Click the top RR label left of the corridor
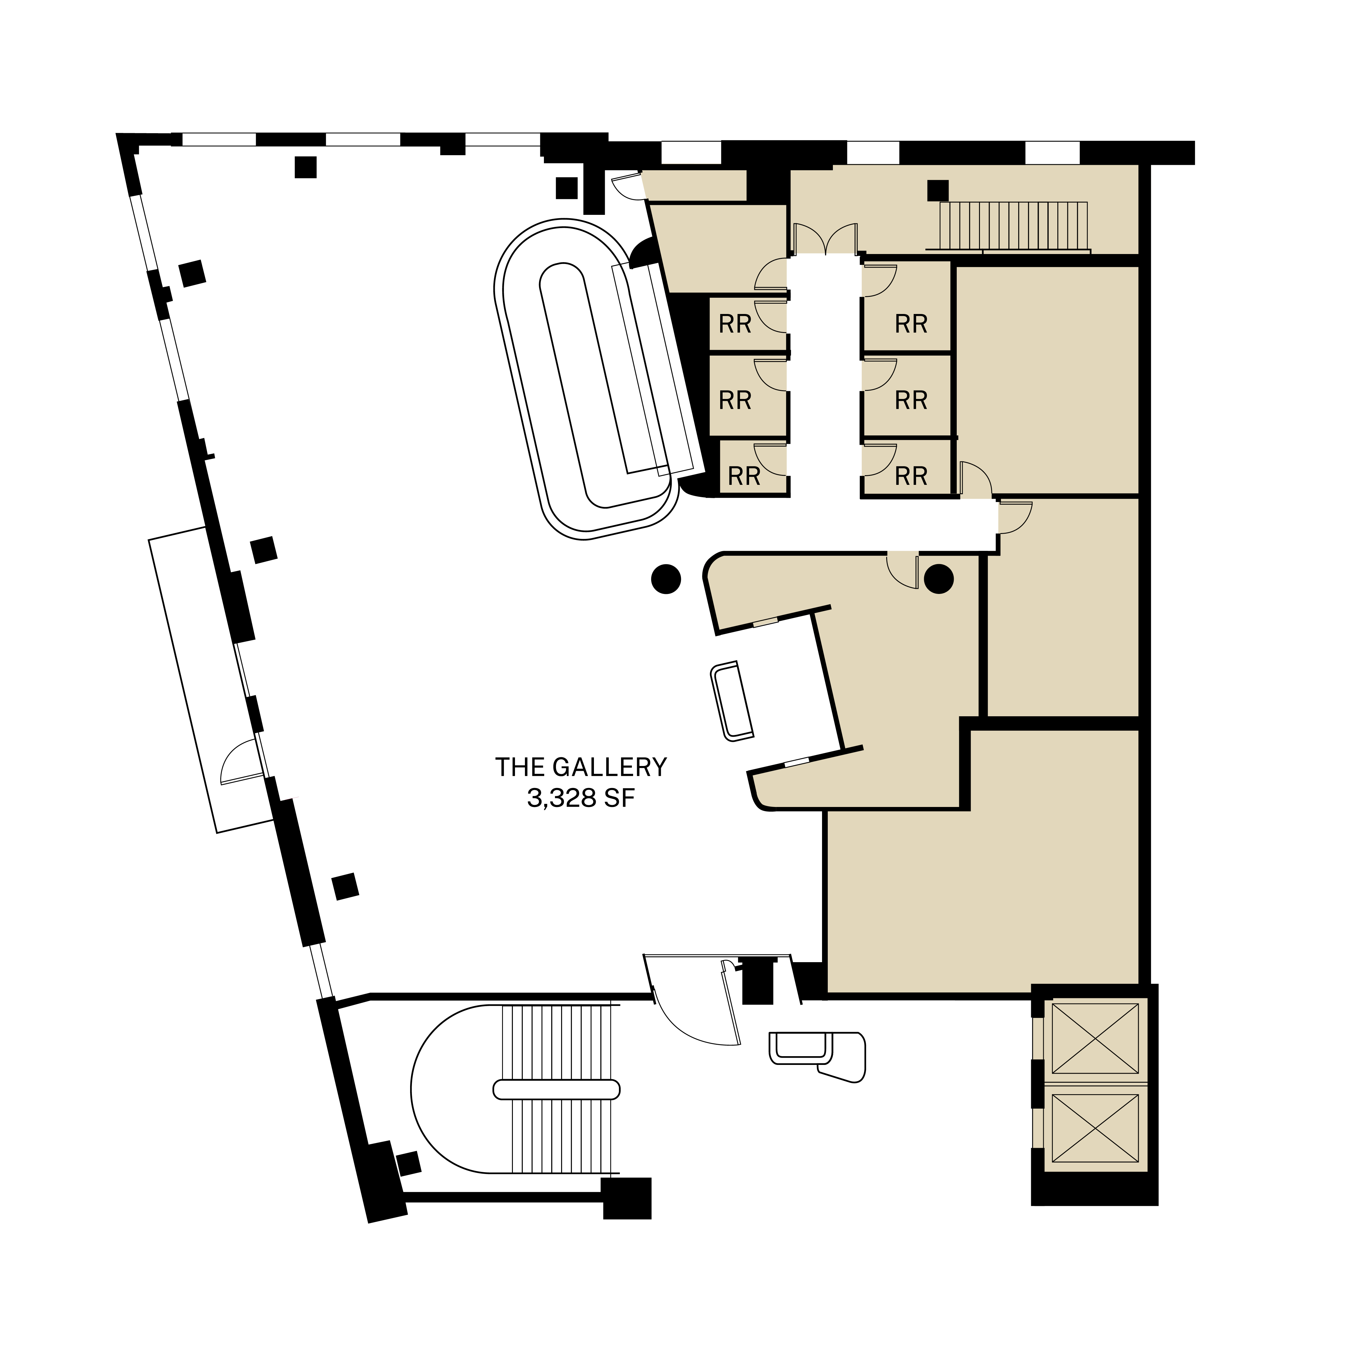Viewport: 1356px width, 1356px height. coord(735,324)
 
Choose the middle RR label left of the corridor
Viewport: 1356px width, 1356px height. coord(735,400)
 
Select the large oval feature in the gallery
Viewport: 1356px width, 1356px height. coord(586,379)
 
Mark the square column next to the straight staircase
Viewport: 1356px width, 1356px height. coord(938,190)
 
